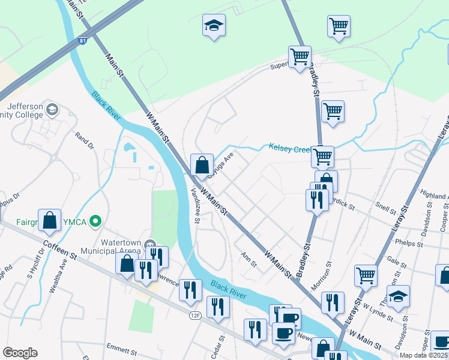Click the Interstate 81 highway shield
pyautogui.click(x=83, y=41)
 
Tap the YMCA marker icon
pyautogui.click(x=94, y=222)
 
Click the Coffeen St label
pyautogui.click(x=61, y=251)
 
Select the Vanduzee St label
pyautogui.click(x=195, y=205)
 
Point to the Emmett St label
pyautogui.click(x=122, y=347)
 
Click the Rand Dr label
pyautogui.click(x=85, y=141)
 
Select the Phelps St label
pyautogui.click(x=410, y=243)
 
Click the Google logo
pyautogui.click(x=20, y=353)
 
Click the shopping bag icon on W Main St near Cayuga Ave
pyautogui.click(x=202, y=163)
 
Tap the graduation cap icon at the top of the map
pyautogui.click(x=214, y=25)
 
